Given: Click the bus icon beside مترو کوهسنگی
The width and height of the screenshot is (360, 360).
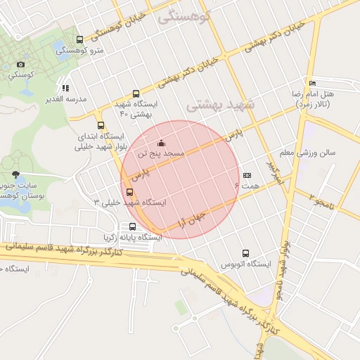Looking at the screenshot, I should (79, 39).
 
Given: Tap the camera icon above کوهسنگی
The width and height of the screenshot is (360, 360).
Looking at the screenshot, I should (20, 65).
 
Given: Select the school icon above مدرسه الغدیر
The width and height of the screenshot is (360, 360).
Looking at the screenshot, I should (65, 88).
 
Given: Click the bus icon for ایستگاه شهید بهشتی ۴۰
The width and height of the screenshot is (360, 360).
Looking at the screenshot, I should (136, 94).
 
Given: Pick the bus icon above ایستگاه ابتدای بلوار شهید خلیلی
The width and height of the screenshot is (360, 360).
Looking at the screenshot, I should (101, 126).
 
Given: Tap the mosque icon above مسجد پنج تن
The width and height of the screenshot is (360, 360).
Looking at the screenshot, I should (162, 143).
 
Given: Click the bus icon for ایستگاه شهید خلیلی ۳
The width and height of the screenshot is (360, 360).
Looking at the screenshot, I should (129, 192).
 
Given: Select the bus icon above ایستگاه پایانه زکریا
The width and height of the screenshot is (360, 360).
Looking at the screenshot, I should (132, 226).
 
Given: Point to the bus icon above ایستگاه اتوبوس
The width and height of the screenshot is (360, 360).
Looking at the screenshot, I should (245, 253).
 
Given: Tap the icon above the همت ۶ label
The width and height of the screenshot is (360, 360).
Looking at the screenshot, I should (246, 175).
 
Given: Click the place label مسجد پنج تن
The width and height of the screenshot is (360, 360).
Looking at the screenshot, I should (161, 153).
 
